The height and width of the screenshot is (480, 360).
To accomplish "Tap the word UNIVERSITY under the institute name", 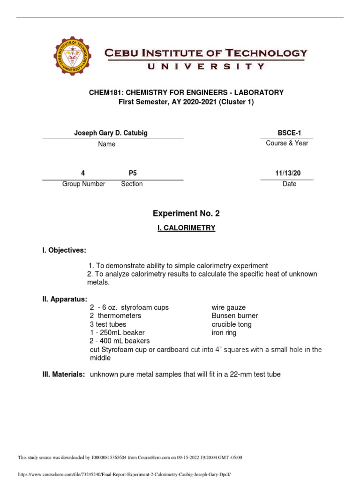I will point(206,67).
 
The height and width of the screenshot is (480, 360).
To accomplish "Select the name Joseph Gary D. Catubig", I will point(111,133).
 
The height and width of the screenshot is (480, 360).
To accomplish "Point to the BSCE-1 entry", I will point(287,133).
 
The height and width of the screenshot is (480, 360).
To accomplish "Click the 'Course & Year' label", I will point(287,143).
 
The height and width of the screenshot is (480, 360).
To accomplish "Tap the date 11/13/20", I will point(288,173).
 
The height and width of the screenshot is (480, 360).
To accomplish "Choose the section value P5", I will point(133,173).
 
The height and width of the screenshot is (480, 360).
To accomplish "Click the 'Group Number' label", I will point(84,184).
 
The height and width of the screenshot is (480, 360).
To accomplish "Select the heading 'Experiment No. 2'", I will point(186,214).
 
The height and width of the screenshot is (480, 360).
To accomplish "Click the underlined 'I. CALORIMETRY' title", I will point(186,228).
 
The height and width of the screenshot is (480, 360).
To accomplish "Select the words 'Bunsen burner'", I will point(235,316).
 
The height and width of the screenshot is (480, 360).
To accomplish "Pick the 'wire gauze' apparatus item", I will point(229,307).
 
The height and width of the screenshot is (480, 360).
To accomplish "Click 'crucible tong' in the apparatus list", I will point(232,324).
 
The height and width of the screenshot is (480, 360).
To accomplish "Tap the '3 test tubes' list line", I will point(108,324).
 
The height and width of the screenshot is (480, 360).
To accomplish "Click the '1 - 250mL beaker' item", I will point(117,333).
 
